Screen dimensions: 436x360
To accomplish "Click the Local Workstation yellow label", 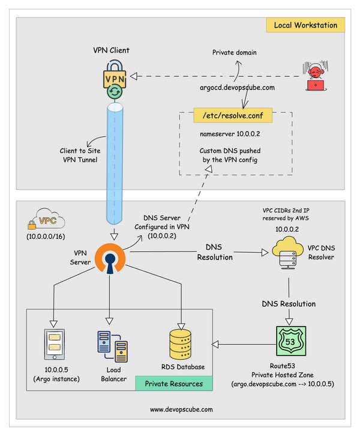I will click(x=305, y=25).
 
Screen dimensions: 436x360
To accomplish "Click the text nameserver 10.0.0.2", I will click(x=226, y=135).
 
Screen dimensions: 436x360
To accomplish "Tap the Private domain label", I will click(x=234, y=52).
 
